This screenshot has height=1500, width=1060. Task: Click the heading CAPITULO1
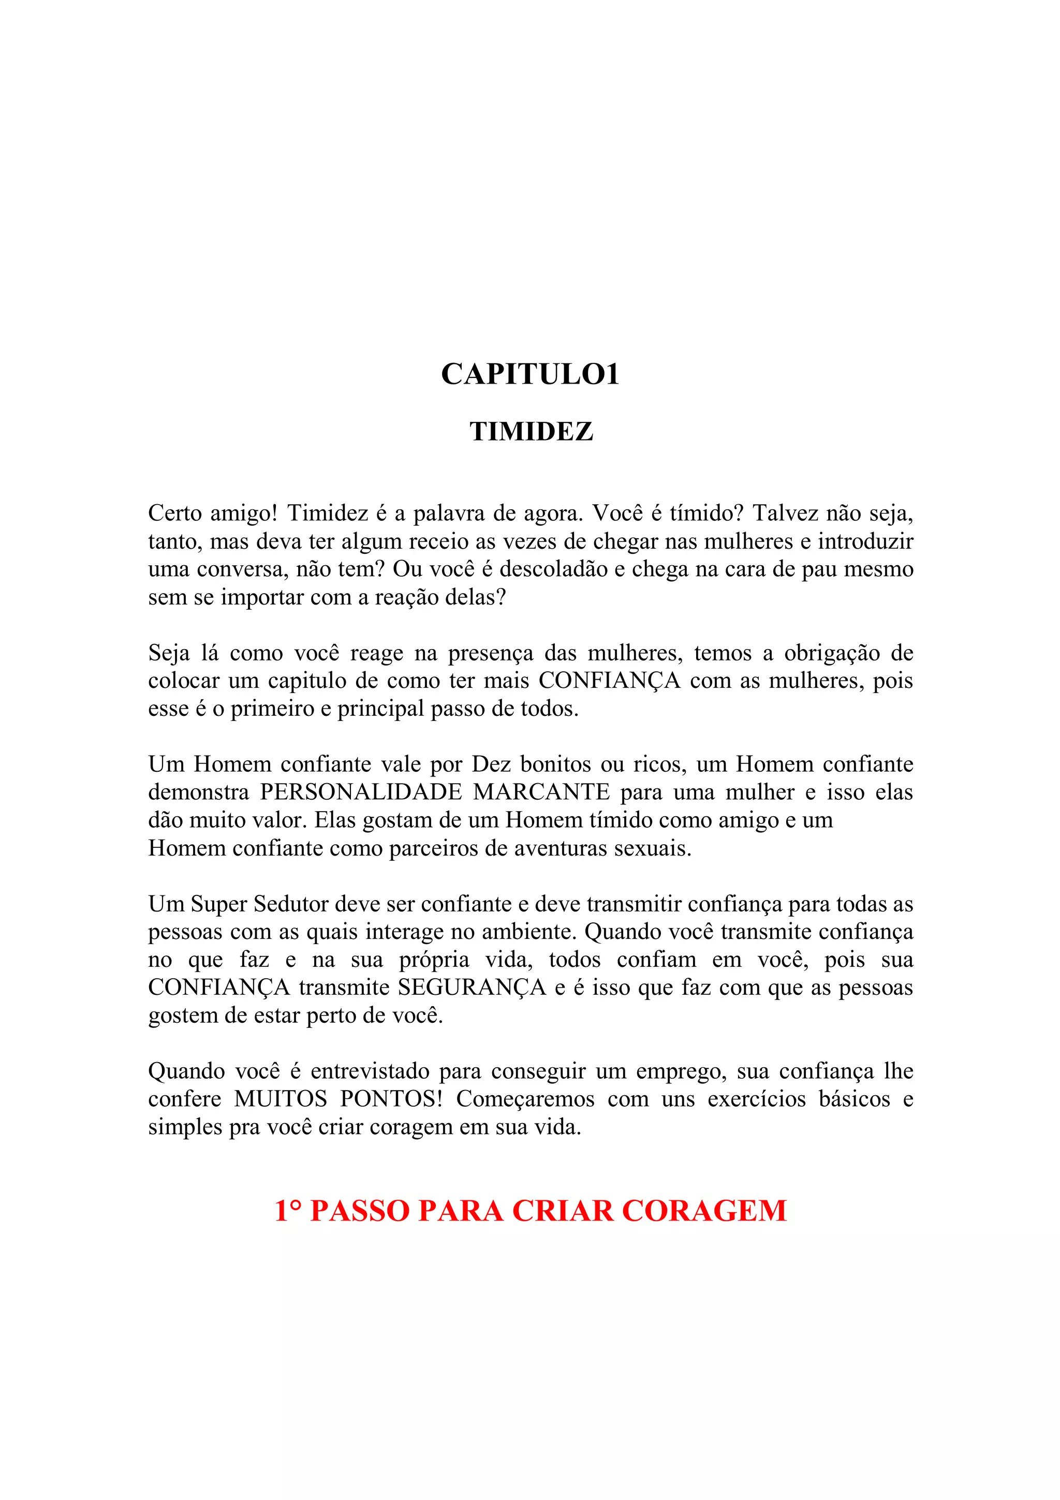pyautogui.click(x=529, y=374)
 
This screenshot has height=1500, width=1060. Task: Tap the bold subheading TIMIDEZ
pyautogui.click(x=531, y=432)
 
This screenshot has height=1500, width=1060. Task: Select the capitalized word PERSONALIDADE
pyautogui.click(x=361, y=792)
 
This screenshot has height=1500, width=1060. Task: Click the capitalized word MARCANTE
pyautogui.click(x=541, y=792)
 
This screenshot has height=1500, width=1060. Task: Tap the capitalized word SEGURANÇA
pyautogui.click(x=472, y=987)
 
